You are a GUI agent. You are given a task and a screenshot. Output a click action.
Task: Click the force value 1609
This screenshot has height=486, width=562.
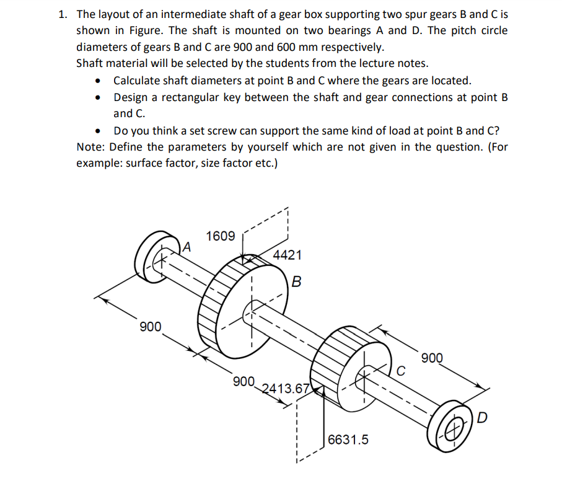pos(221,236)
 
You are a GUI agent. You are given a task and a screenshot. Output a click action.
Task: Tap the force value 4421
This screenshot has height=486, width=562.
pos(288,255)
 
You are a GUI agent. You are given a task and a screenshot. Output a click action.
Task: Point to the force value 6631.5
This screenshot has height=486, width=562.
pos(348,440)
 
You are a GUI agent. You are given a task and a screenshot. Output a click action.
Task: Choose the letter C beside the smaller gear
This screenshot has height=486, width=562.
pos(402,371)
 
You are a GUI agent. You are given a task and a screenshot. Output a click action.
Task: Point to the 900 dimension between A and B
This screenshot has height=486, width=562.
pos(150,327)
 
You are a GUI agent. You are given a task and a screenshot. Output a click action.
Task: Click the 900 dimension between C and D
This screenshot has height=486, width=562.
pos(432,358)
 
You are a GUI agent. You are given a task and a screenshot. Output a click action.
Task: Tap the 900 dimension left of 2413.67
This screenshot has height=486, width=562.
pos(244,381)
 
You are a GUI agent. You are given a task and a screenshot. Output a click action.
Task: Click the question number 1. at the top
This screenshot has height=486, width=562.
pos(63,14)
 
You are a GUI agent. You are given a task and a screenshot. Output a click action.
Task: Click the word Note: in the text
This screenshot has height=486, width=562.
pos(90,147)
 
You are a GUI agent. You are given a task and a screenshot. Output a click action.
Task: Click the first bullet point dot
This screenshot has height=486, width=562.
pos(97,81)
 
